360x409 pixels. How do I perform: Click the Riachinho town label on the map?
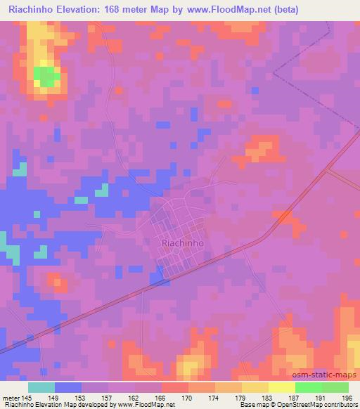pyautogui.click(x=182, y=242)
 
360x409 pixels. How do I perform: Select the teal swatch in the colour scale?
pyautogui.click(x=41, y=387)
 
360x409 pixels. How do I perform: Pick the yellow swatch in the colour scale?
pyautogui.click(x=281, y=387)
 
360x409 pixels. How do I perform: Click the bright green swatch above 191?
pyautogui.click(x=308, y=387)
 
